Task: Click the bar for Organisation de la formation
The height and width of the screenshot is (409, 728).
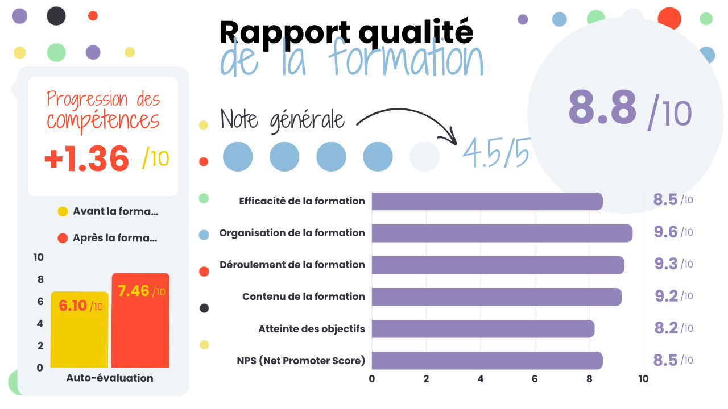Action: point(502,233)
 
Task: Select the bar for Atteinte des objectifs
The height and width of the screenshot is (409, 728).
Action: point(483,328)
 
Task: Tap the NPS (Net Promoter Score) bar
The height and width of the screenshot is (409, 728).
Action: point(487,360)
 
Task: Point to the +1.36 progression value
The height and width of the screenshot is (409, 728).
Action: point(87,158)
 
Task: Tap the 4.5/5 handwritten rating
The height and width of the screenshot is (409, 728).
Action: point(495,153)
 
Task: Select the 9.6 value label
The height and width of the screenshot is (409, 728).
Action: point(665,232)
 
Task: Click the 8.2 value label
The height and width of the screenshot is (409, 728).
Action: point(665,328)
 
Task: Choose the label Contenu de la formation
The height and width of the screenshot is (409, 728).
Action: point(303,297)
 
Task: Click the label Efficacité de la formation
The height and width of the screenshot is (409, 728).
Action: point(301,201)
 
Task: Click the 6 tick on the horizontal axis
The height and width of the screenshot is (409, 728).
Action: point(535,379)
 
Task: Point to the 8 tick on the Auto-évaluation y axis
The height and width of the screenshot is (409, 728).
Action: point(40,279)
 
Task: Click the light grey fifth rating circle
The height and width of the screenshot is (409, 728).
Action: point(424,157)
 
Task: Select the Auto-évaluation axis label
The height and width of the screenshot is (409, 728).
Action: point(110,378)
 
